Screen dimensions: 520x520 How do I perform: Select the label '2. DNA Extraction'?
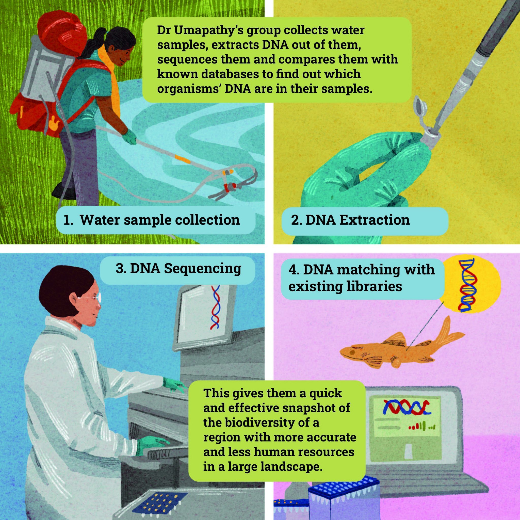350,220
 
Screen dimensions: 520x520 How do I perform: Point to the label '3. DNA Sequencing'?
178,269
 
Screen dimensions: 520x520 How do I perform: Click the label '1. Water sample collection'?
152,220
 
